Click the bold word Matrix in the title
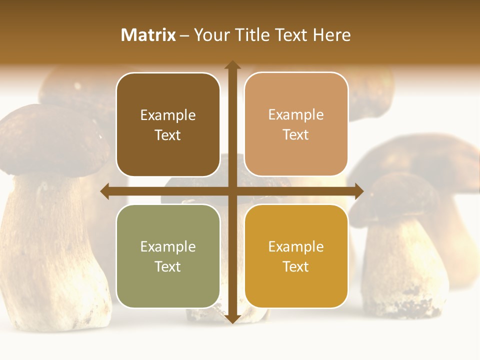coord(148,35)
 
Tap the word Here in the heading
coord(332,35)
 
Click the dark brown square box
coord(168,125)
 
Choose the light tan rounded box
coord(296,124)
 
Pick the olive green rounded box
coord(168,256)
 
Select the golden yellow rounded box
coord(296,256)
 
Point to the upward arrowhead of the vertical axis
coord(232,65)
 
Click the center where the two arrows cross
coord(232,191)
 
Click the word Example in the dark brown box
coord(168,115)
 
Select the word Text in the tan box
coord(296,135)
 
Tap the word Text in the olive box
coord(168,266)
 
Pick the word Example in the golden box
coord(296,246)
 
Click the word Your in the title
coord(211,35)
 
